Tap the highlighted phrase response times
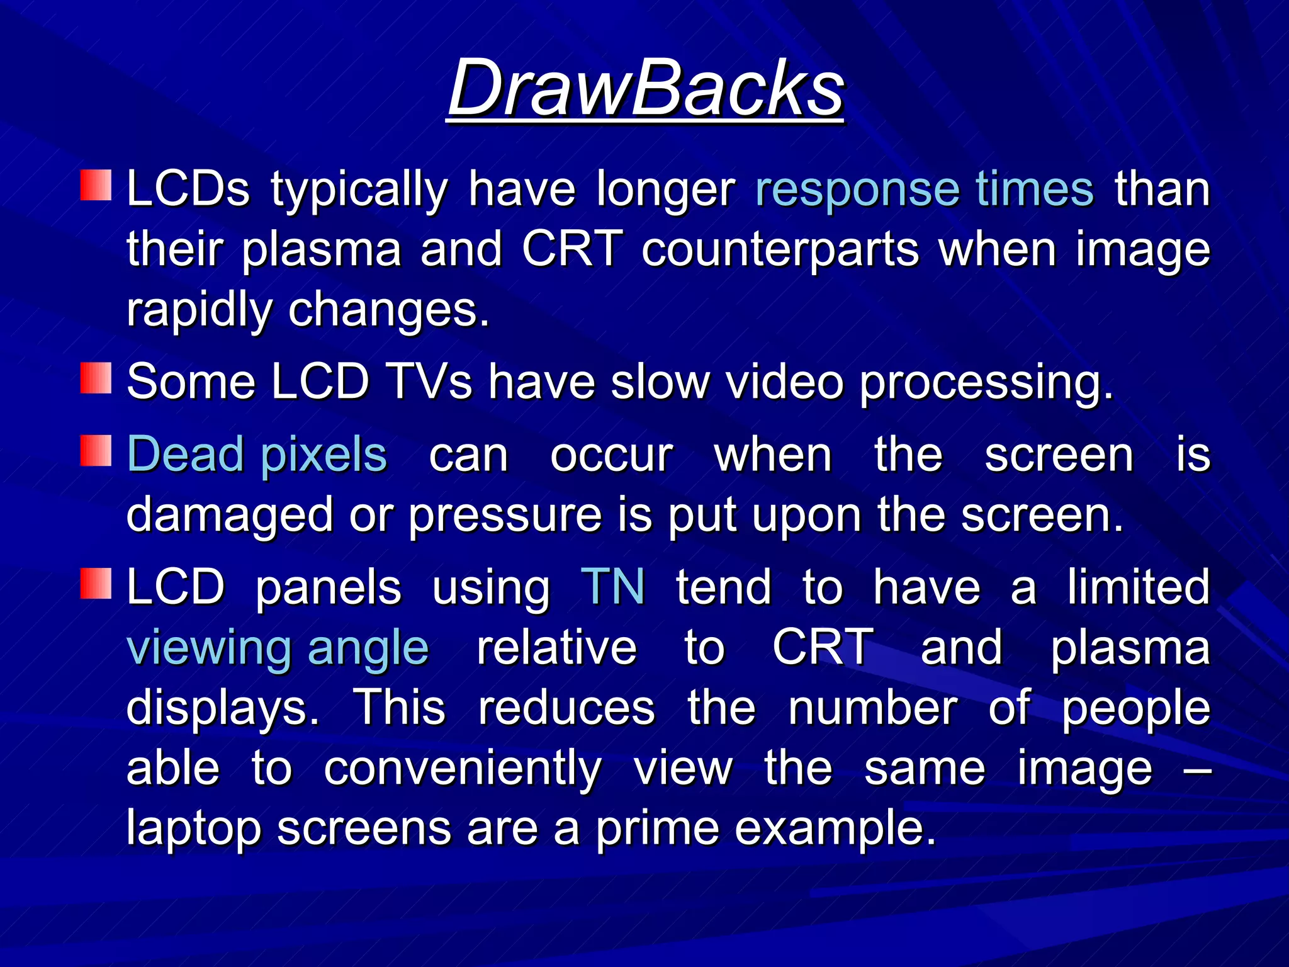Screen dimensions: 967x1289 [x=925, y=189]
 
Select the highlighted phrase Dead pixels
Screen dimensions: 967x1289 [x=257, y=455]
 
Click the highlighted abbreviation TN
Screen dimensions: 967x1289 [x=612, y=587]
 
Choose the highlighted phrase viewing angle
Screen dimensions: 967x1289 [x=278, y=647]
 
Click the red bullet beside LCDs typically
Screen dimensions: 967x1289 [x=96, y=185]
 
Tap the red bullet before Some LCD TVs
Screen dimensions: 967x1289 [x=96, y=378]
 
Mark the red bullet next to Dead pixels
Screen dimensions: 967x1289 [x=96, y=451]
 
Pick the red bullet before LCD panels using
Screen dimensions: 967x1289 [x=96, y=583]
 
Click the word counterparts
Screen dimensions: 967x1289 [x=780, y=249]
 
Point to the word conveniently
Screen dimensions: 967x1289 [x=463, y=769]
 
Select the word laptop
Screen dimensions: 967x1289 [x=194, y=830]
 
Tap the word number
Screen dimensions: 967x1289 [x=873, y=708]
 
